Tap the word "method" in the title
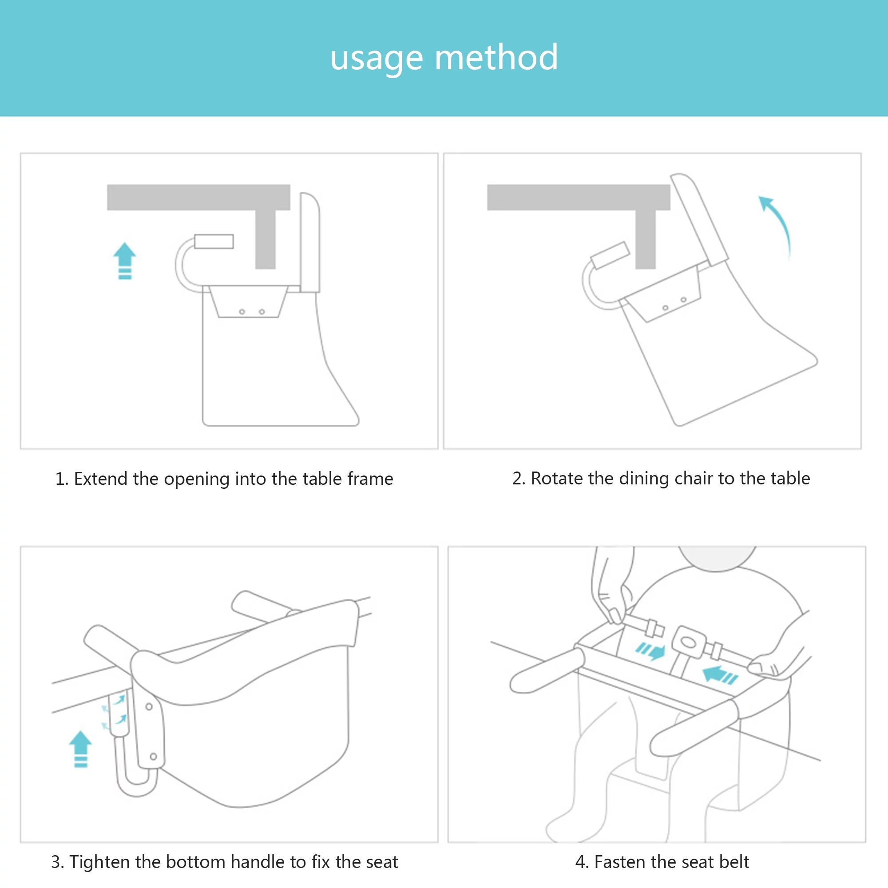[496, 57]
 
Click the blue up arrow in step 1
[125, 261]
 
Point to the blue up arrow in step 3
[80, 749]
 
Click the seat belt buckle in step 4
[688, 642]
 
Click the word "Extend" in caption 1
[101, 479]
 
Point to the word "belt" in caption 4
[734, 861]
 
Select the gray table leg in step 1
[265, 239]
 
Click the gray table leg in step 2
[645, 239]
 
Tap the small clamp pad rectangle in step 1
[214, 241]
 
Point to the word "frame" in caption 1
[370, 479]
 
